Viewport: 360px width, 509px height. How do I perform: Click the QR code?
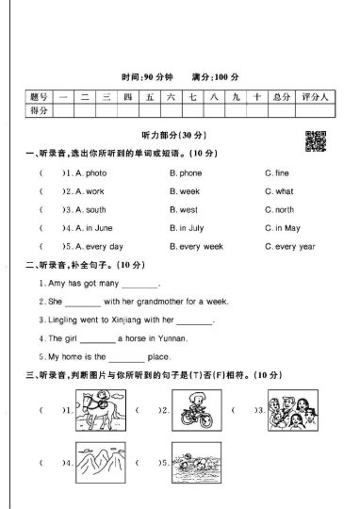(317, 140)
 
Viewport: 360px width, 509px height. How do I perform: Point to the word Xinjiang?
(128, 320)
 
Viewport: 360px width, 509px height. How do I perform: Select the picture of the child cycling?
(200, 411)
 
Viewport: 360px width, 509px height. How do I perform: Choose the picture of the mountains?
(102, 464)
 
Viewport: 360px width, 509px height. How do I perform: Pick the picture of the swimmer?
(200, 464)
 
